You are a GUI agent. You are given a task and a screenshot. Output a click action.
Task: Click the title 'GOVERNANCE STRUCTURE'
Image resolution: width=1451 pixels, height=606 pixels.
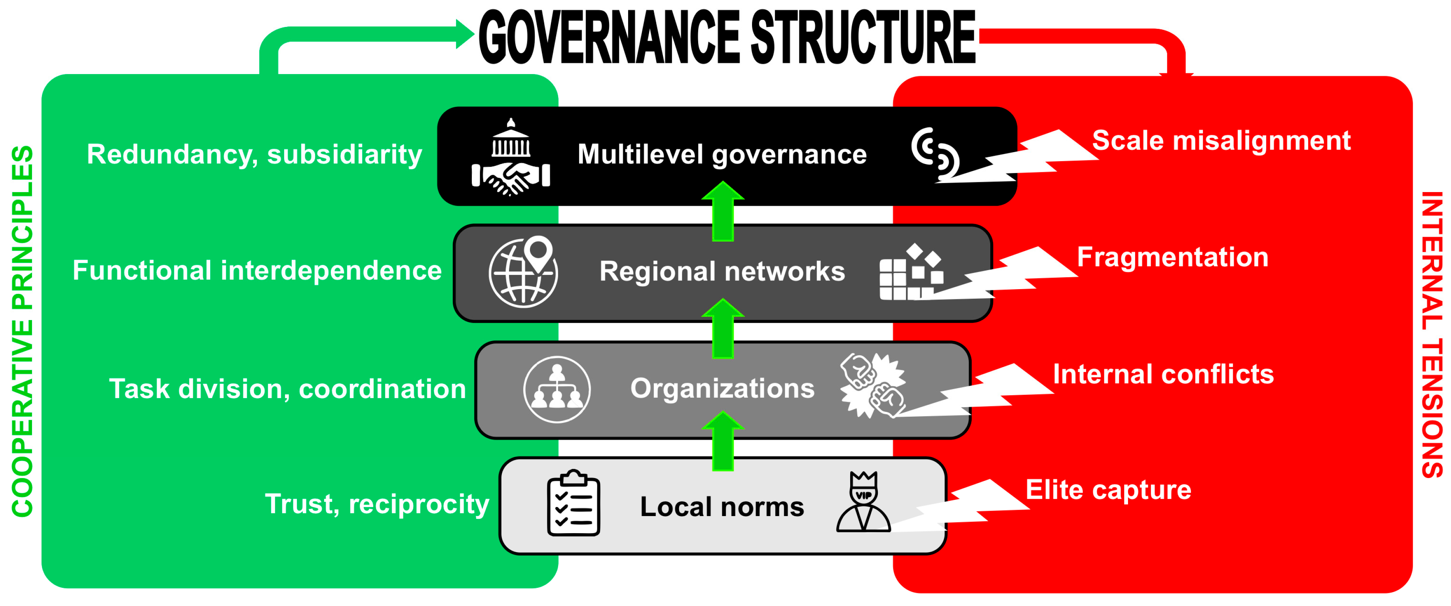(727, 38)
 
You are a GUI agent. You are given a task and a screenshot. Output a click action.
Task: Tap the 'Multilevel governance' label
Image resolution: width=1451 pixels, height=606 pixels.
(722, 154)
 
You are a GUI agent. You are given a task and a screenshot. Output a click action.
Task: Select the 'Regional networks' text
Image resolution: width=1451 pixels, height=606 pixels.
(722, 272)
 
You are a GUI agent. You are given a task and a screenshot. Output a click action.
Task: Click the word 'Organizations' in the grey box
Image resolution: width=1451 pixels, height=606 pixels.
(722, 389)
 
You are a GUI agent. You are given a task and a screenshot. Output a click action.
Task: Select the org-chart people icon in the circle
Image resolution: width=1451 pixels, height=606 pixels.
(556, 389)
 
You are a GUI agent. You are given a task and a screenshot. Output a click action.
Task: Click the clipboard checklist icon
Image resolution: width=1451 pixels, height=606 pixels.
(573, 503)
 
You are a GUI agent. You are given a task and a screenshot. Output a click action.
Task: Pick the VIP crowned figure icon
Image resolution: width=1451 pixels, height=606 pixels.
(863, 502)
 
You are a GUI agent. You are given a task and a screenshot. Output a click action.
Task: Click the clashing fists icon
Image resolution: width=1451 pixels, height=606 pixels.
(872, 386)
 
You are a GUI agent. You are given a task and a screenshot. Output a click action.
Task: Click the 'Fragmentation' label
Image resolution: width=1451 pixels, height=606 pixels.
(1172, 257)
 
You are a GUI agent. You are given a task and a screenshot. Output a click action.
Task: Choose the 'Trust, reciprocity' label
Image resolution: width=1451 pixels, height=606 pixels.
(376, 504)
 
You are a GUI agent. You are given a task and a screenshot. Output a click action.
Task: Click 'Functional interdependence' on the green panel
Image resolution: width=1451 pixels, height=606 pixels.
(257, 271)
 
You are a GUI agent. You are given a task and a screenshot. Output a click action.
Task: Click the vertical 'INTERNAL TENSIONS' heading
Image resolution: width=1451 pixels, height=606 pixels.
(1431, 335)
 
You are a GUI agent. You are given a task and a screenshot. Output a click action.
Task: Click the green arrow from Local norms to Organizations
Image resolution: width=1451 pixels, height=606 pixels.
(723, 441)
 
